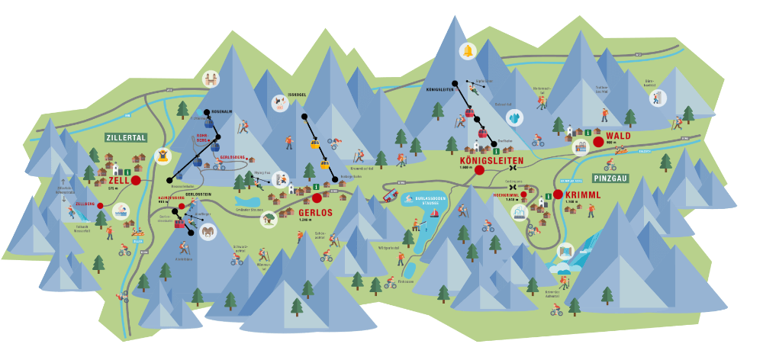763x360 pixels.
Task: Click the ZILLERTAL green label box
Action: point(126,138)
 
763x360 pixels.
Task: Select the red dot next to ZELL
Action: point(136,181)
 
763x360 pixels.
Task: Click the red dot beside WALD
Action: point(598,141)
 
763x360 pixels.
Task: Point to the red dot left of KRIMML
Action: point(558,194)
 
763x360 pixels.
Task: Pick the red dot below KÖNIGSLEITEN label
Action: point(479,171)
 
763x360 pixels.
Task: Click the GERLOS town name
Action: point(315,212)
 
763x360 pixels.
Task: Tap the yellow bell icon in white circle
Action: point(466,51)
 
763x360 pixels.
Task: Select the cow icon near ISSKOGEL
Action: point(279,104)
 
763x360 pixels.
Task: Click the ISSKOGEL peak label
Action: point(296,95)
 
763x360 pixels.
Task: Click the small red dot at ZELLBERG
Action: point(100,206)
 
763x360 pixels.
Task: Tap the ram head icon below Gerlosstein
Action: point(208,232)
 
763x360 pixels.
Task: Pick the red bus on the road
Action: point(390,195)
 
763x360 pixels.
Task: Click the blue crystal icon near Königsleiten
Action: point(515,118)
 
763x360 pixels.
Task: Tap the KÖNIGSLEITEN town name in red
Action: point(491,162)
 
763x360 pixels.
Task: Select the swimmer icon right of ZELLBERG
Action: point(121,211)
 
